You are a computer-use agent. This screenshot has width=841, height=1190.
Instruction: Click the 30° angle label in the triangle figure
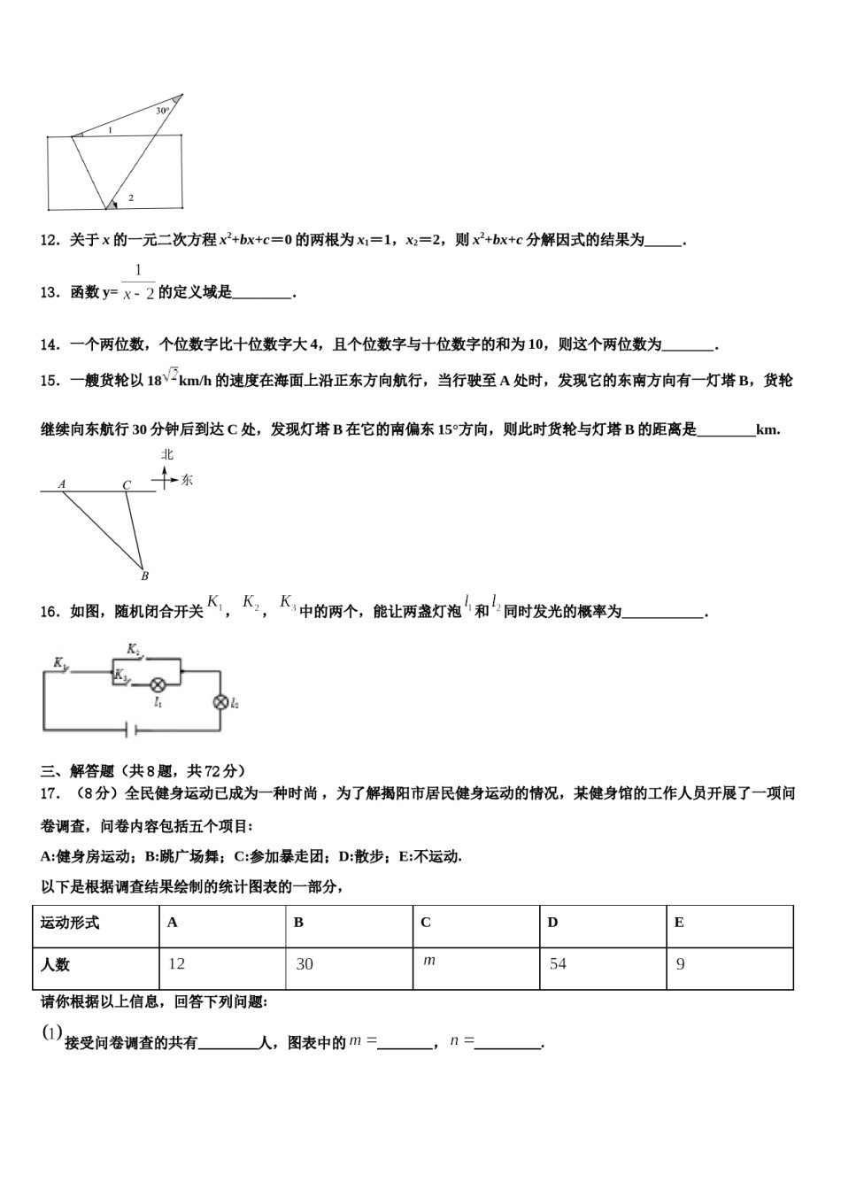pos(162,111)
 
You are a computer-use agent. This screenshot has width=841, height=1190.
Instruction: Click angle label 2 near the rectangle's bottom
pos(131,197)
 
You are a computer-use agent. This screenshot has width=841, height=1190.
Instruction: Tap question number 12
pos(50,240)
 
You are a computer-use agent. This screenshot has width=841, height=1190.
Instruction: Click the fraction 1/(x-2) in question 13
pos(139,282)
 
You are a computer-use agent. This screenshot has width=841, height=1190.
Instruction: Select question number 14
pos(50,345)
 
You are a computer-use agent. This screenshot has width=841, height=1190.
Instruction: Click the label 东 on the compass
pos(187,480)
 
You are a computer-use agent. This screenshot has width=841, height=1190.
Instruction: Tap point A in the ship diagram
pos(62,483)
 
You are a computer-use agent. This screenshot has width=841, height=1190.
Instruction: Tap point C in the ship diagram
pos(127,484)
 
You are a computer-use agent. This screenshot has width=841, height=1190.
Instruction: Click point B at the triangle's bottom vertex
pos(144,576)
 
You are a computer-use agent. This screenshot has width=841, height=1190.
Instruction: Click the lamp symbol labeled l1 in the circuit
pos(158,684)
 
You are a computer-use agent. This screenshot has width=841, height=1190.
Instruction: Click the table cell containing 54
pos(603,964)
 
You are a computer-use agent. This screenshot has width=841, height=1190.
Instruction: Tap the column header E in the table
pos(679,922)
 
